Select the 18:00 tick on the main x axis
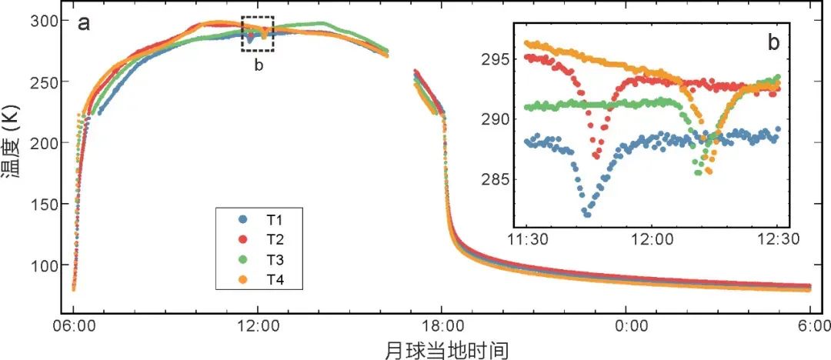click(x=442, y=325)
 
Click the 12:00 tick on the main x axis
click(x=258, y=325)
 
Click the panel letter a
click(x=84, y=23)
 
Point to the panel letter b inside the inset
click(x=773, y=43)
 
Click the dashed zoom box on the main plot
click(x=257, y=35)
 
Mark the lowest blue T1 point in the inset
click(x=586, y=214)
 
